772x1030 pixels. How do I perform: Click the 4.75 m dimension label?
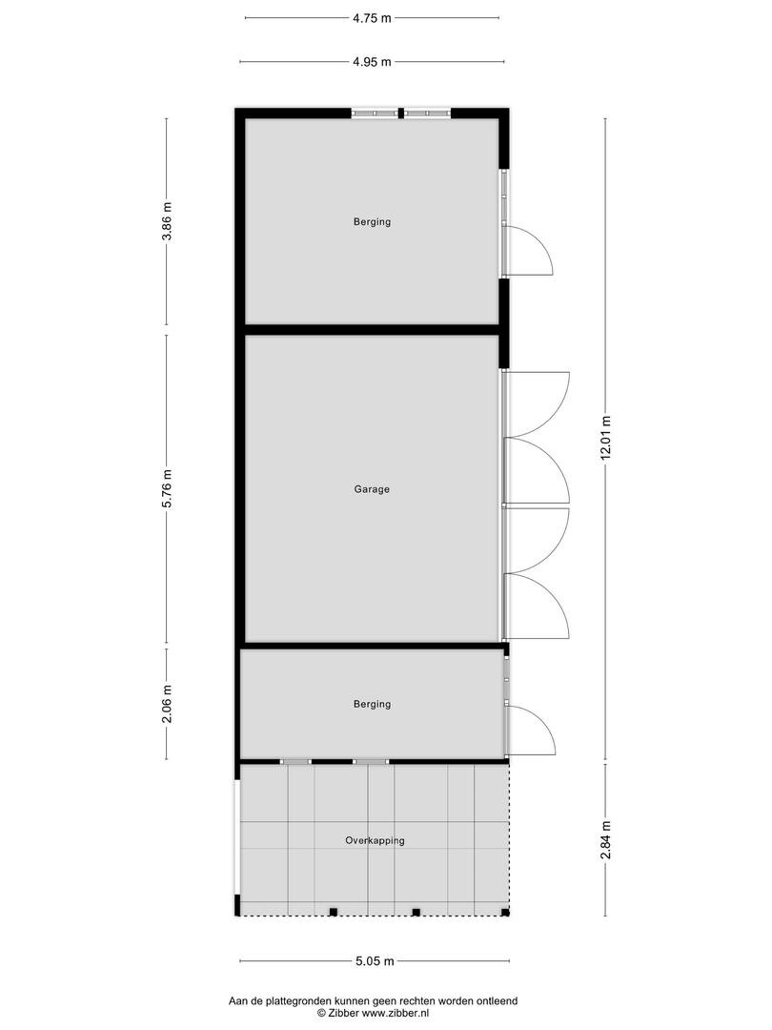[372, 18]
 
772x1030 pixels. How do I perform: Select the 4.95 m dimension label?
[372, 62]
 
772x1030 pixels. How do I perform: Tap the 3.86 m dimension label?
[167, 220]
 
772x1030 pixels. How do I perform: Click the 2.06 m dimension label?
[167, 704]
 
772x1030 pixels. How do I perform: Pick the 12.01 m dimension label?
[606, 439]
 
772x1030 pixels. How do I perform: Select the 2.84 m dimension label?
[606, 839]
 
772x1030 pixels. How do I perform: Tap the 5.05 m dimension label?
[375, 961]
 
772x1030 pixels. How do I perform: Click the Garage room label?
[372, 489]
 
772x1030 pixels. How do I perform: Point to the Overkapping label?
[375, 841]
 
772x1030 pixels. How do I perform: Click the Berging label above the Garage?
[373, 222]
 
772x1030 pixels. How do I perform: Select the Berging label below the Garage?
[373, 704]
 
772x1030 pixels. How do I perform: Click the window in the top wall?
[401, 113]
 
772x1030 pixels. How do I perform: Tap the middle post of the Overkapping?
[416, 912]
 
